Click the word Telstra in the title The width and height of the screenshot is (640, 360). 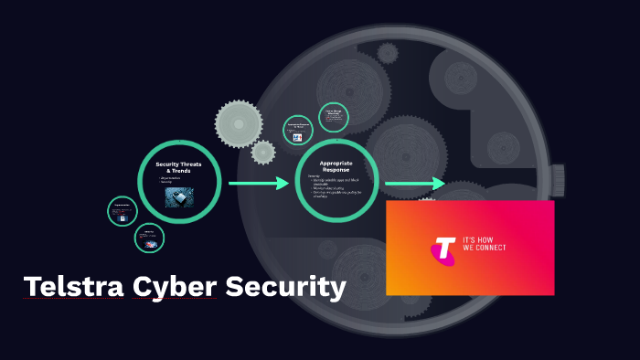[x=74, y=287]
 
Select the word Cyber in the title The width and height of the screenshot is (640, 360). [x=175, y=287]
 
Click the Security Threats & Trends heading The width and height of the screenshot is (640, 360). [x=179, y=166]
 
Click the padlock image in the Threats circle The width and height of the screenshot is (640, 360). [x=178, y=196]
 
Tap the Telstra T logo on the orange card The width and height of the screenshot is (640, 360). [x=444, y=249]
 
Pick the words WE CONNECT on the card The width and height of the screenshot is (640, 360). [x=485, y=248]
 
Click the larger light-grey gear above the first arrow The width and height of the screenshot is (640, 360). [x=240, y=123]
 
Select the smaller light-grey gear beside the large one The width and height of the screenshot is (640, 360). [x=263, y=152]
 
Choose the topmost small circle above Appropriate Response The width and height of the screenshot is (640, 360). [x=334, y=117]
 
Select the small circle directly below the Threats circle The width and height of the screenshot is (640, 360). [x=149, y=238]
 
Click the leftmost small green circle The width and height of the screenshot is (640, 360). [x=122, y=211]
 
